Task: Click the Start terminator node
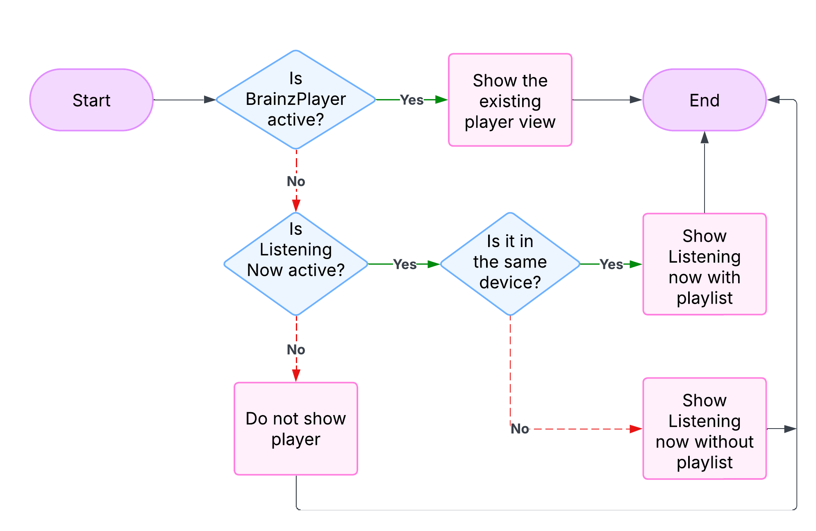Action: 91,100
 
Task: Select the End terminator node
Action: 704,100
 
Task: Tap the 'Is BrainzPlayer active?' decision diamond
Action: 295,100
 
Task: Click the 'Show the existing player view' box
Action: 510,100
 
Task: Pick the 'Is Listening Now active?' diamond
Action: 295,264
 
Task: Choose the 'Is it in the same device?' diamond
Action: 510,264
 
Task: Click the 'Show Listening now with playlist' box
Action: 704,264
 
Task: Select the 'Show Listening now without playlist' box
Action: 704,429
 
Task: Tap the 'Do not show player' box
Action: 295,429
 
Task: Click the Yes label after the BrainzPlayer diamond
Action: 411,100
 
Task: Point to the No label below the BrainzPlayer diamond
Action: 295,181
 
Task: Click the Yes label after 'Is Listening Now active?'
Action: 405,264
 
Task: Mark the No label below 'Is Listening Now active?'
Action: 295,349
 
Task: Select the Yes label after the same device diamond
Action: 611,264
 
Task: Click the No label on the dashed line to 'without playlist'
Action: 520,429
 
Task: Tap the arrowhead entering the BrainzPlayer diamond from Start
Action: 210,100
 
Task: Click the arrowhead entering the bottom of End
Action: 705,137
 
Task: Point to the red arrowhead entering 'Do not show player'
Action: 296,375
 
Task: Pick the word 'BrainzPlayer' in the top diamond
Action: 295,99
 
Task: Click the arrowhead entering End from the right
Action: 773,100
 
